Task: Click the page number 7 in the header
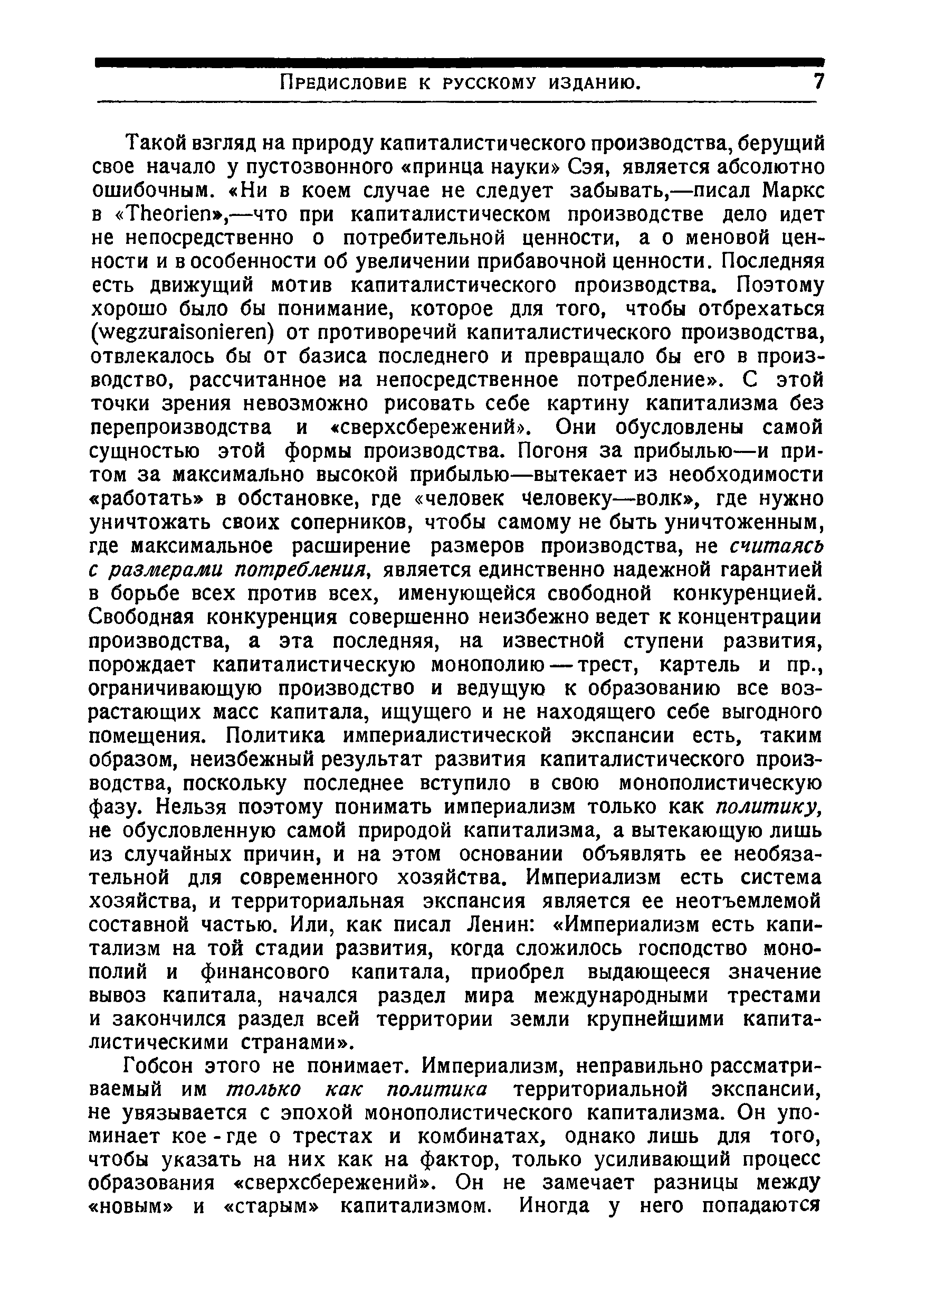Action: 818,83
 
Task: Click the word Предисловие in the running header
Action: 344,84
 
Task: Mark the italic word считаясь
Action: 777,545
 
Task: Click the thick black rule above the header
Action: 460,62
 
